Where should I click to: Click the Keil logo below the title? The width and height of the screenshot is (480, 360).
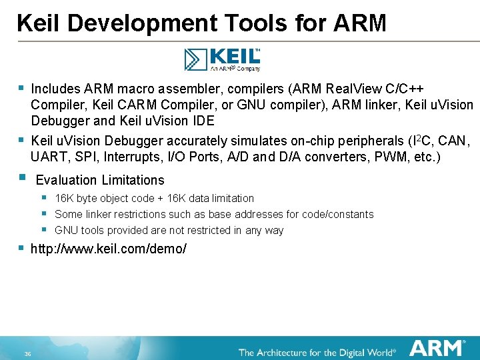pos(222,59)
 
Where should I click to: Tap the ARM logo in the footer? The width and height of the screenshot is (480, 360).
pos(437,348)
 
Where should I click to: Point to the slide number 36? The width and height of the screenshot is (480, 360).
pos(27,353)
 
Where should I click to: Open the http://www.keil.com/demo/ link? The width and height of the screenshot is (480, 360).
pos(109,249)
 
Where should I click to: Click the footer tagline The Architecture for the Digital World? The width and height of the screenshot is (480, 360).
pos(317,351)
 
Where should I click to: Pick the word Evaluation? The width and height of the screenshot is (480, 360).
pos(66,180)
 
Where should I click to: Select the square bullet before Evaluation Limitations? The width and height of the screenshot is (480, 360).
pos(22,178)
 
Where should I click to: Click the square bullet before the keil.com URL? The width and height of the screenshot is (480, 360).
pos(22,248)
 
